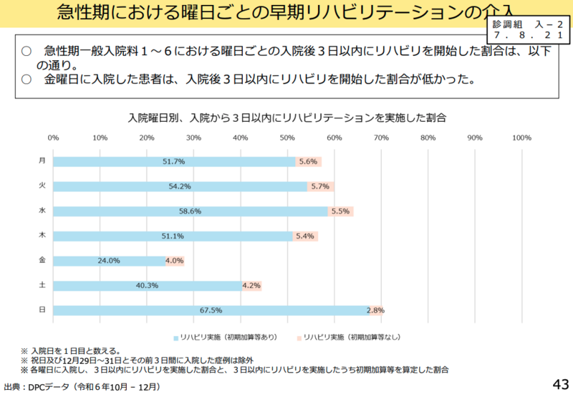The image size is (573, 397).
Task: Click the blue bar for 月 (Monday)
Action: (174, 161)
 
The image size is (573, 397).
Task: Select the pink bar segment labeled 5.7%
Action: (320, 186)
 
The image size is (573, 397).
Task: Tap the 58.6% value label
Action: (191, 211)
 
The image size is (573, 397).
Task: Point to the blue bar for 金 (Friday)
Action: (109, 261)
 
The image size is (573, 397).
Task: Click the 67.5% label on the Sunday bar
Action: (212, 310)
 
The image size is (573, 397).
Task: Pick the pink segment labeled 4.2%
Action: (251, 285)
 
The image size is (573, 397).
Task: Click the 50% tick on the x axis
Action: (287, 137)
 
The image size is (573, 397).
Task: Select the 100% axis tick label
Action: (521, 137)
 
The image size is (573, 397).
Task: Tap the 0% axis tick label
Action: (53, 137)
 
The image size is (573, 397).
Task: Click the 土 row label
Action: (42, 285)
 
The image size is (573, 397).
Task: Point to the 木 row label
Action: (42, 236)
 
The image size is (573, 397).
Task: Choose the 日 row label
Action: (42, 310)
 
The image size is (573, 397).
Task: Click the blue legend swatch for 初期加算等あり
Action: (175, 337)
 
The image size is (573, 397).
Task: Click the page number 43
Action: (560, 384)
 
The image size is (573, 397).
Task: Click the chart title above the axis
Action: (286, 117)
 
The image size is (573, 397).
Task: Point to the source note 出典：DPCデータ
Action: (82, 387)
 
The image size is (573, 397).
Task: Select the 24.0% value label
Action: (110, 261)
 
